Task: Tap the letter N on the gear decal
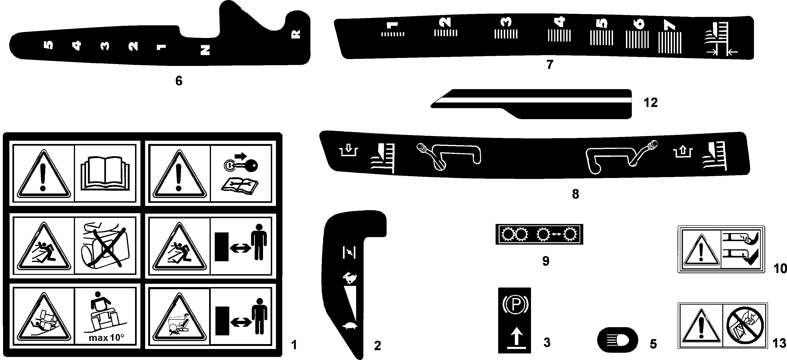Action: (x=205, y=50)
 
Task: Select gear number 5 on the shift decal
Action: (x=49, y=45)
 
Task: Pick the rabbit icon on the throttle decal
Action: (x=349, y=278)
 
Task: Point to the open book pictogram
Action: (x=105, y=173)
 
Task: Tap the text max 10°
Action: (x=106, y=338)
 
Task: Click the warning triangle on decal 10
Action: (x=701, y=251)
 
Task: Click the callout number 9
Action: (x=546, y=261)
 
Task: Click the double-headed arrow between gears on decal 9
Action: (x=556, y=234)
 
